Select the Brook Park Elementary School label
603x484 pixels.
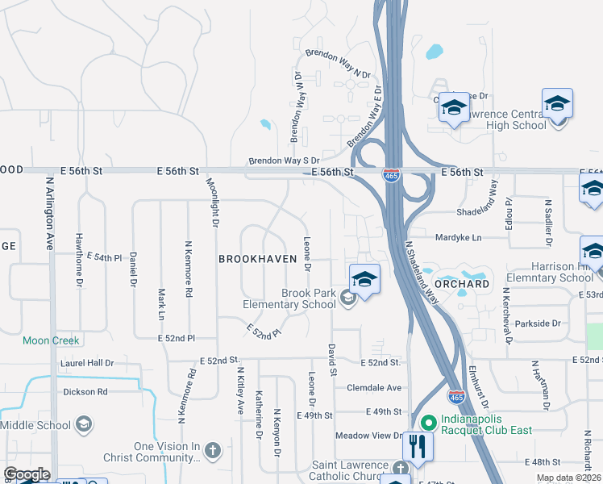point(290,298)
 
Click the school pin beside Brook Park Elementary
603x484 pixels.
point(364,280)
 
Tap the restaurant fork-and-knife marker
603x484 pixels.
point(417,446)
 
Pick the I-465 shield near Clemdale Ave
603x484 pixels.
point(455,396)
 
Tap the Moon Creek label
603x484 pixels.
point(51,340)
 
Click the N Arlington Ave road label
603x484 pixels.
point(49,213)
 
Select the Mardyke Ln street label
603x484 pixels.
point(457,238)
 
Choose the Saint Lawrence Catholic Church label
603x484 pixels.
point(351,471)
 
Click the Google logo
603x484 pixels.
point(27,474)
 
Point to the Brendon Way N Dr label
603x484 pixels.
point(338,64)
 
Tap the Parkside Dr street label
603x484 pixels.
point(536,323)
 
